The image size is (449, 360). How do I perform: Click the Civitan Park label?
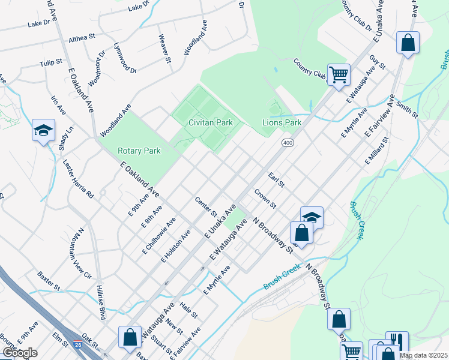pyautogui.click(x=206, y=122)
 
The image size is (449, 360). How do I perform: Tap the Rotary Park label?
pyautogui.click(x=139, y=151)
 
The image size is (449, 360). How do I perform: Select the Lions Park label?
pyautogui.click(x=282, y=122)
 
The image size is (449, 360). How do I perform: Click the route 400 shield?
pyautogui.click(x=287, y=142)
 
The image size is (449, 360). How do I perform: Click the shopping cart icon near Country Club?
pyautogui.click(x=339, y=75)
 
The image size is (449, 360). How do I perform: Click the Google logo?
pyautogui.click(x=20, y=353)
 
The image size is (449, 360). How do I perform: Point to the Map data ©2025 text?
pyautogui.click(x=423, y=355)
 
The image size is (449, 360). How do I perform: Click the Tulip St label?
pyautogui.click(x=51, y=62)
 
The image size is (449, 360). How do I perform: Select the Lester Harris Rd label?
pyautogui.click(x=79, y=179)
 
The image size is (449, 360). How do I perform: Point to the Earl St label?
pyautogui.click(x=276, y=179)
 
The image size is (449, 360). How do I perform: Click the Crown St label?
pyautogui.click(x=265, y=199)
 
